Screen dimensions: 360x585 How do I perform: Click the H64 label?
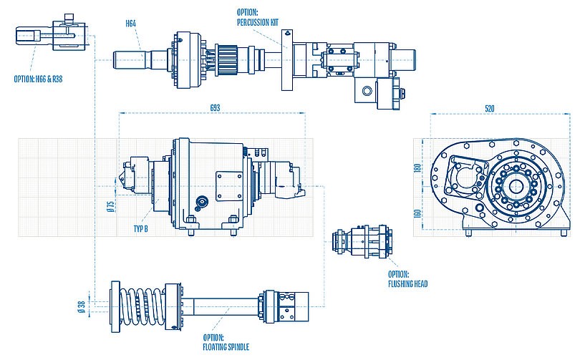pos(131,24)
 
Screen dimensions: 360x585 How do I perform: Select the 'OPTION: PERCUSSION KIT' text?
pos(257,17)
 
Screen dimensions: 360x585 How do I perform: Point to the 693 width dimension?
pos(214,107)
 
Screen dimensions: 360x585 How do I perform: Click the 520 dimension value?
pos(490,108)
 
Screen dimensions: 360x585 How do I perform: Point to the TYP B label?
pos(141,228)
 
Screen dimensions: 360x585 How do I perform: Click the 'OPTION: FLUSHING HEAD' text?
pos(407,279)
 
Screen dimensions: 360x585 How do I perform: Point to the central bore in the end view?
pos(515,188)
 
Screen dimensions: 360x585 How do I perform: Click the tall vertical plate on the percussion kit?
pos(286,61)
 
